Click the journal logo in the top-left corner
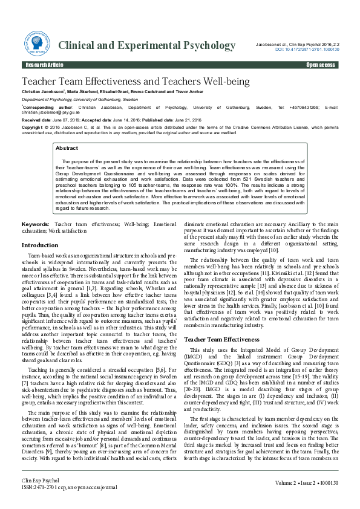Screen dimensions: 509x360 tap(36, 46)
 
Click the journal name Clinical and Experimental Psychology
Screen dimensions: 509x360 tap(146, 46)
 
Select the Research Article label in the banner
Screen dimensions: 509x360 tap(44, 65)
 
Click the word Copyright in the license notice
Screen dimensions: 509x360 tap(33, 128)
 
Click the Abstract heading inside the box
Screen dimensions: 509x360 tap(66, 148)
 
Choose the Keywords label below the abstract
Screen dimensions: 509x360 tap(35, 224)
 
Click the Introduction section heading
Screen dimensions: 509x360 tap(40, 245)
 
